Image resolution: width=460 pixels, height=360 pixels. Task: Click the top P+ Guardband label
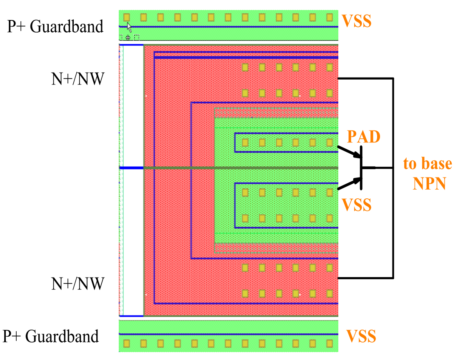[x=55, y=27]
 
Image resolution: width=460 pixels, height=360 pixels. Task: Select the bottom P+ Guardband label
[x=51, y=336]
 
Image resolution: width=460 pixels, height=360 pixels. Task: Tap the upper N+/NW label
[x=77, y=78]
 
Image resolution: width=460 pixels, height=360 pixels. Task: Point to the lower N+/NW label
[x=77, y=284]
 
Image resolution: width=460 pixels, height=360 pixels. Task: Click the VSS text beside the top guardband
[x=356, y=21]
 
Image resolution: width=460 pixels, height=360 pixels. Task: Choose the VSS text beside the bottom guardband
[x=361, y=336]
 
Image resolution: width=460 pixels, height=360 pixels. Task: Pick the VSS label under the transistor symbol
[x=356, y=205]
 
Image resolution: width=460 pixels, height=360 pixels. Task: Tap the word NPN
[x=429, y=184]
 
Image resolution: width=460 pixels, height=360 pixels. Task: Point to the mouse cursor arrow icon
[x=129, y=27]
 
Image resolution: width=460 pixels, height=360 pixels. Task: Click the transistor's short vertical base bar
[x=361, y=167]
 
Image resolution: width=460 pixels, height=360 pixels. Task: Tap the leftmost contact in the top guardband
[x=127, y=17]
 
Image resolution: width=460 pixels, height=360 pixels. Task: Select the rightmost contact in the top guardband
[x=330, y=17]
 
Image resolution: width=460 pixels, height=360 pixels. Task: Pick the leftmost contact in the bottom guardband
[x=127, y=344]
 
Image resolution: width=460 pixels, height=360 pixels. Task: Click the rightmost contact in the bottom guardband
[x=330, y=344]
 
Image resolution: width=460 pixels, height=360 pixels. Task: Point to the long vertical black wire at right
[x=393, y=125]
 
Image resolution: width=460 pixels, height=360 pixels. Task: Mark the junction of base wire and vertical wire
[x=393, y=168]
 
